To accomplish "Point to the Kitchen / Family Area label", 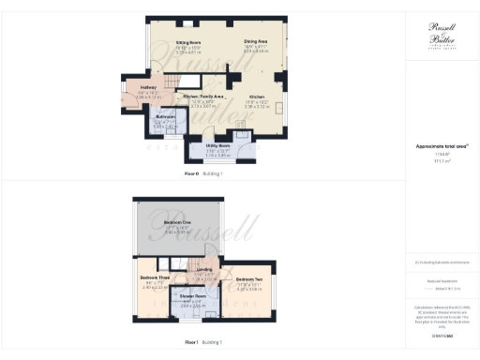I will [x=203, y=97].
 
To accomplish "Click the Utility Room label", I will [x=218, y=148].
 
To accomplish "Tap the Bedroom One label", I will [x=177, y=223].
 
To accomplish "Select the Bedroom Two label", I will [x=248, y=279].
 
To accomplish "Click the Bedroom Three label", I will [x=155, y=278].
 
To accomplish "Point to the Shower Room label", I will [x=199, y=300].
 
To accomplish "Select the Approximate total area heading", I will [x=442, y=146].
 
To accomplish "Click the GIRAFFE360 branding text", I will [x=442, y=334].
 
